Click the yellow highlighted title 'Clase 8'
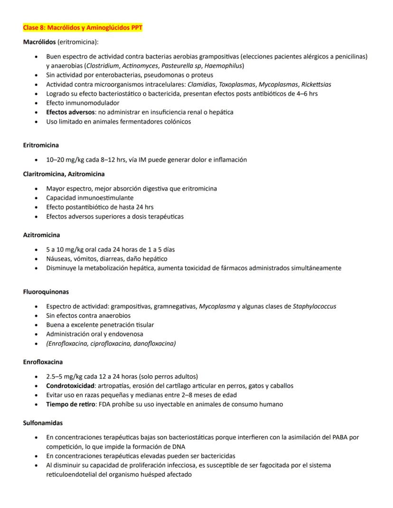83,28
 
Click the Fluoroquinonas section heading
46,292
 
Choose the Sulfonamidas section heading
43,423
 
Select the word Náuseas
59,259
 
